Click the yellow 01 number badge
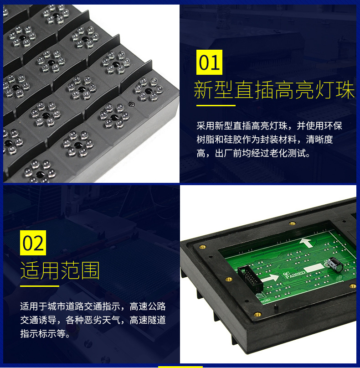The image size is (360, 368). [x=209, y=62]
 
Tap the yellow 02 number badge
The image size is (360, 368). [x=33, y=243]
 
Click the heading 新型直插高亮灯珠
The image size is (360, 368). [x=274, y=90]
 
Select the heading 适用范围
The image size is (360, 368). [x=60, y=270]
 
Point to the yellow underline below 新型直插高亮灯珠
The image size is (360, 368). [x=216, y=105]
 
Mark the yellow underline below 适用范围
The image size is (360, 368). [x=39, y=286]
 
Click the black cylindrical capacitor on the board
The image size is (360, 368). [x=334, y=265]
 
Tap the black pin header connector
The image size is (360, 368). [x=250, y=279]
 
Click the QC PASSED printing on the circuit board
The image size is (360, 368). [x=294, y=274]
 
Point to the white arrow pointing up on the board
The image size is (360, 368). [x=306, y=243]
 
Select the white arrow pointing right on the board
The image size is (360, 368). [x=270, y=278]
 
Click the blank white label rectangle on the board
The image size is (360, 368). [x=314, y=268]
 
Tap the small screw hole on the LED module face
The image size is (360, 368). [x=132, y=104]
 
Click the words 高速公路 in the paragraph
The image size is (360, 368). [x=148, y=306]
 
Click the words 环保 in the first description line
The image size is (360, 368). [x=333, y=126]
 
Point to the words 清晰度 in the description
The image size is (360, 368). [x=319, y=140]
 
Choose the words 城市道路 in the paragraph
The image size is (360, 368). [x=66, y=306]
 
